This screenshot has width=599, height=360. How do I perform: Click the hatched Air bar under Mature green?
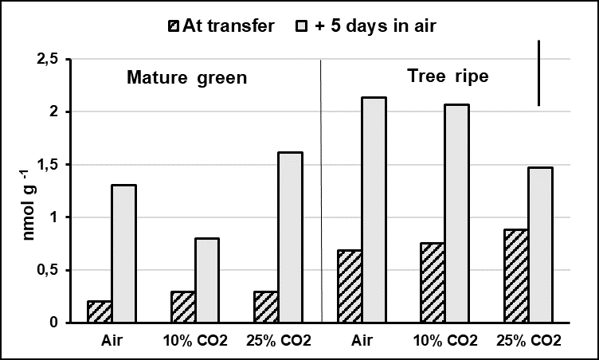(99, 311)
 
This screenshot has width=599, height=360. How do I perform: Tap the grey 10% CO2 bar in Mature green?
(206, 280)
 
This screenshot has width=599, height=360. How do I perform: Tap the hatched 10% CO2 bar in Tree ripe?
(432, 283)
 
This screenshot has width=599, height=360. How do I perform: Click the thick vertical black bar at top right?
(539, 72)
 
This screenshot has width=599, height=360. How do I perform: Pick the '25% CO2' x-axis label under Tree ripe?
(528, 341)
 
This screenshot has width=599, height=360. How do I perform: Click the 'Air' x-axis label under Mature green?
(112, 341)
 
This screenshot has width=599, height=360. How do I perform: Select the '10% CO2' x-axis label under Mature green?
(194, 341)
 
